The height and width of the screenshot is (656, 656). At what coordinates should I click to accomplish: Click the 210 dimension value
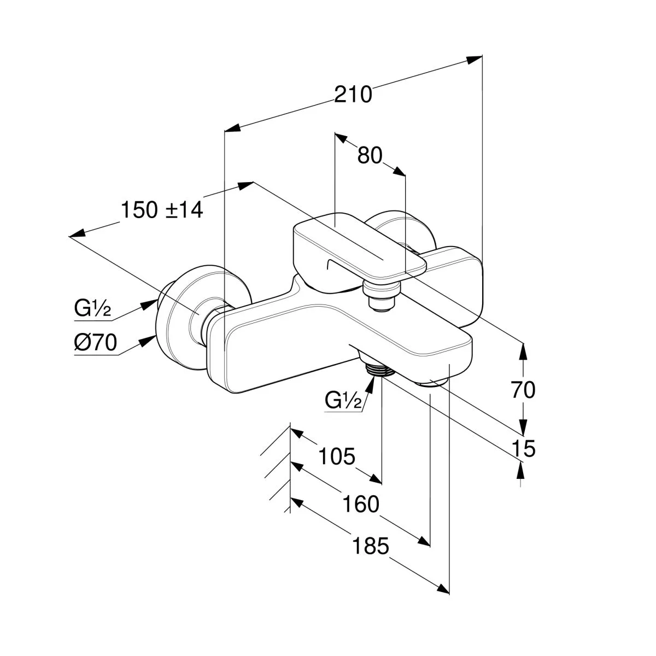coord(353,95)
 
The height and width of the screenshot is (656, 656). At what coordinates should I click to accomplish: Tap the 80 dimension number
coord(370,156)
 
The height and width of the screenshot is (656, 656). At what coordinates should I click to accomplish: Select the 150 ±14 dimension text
coord(161,210)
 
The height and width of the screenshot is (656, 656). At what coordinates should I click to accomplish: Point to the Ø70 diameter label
coord(95,343)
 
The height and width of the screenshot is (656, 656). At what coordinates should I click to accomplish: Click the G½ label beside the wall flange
coord(92,309)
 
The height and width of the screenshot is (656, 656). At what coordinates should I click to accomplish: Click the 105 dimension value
coord(337,455)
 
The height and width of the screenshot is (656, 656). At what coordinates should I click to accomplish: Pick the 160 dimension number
coord(360,504)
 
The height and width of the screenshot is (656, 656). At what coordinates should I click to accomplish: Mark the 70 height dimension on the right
coord(523,390)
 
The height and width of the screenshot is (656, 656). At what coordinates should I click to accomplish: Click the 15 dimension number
coord(523,449)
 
